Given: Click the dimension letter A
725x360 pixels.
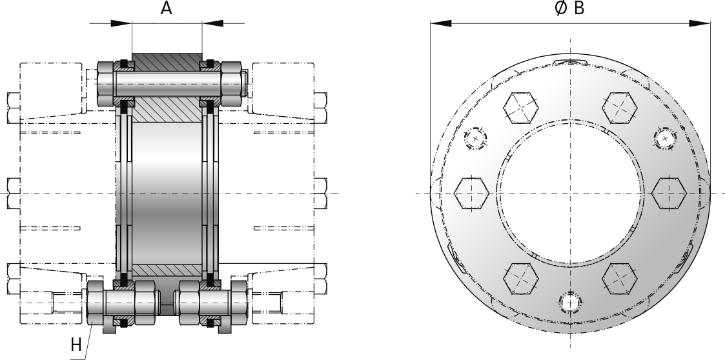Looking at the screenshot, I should pyautogui.click(x=166, y=9).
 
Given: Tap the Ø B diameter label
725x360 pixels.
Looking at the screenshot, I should pyautogui.click(x=570, y=8).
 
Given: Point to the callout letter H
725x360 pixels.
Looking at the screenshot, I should pyautogui.click(x=76, y=345).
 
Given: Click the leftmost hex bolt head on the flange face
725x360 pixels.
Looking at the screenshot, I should pyautogui.click(x=471, y=193).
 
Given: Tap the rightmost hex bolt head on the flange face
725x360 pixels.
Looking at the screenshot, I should pyautogui.click(x=669, y=193).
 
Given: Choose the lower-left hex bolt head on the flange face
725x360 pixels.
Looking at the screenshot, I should pyautogui.click(x=520, y=279).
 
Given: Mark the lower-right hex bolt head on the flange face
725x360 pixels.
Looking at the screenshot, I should pyautogui.click(x=620, y=279).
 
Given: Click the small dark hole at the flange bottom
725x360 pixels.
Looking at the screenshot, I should pyautogui.click(x=570, y=302).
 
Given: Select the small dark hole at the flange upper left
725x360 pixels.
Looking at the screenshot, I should pyautogui.click(x=476, y=138).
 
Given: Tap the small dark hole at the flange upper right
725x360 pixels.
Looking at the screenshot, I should pyautogui.click(x=664, y=138).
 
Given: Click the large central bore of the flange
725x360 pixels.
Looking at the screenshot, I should pyautogui.click(x=570, y=193).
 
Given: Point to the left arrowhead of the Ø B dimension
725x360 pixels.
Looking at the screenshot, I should pyautogui.click(x=436, y=23).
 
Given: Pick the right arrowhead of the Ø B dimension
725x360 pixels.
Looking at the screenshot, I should pyautogui.click(x=705, y=23).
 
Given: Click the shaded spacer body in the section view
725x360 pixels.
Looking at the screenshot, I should pyautogui.click(x=167, y=194).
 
